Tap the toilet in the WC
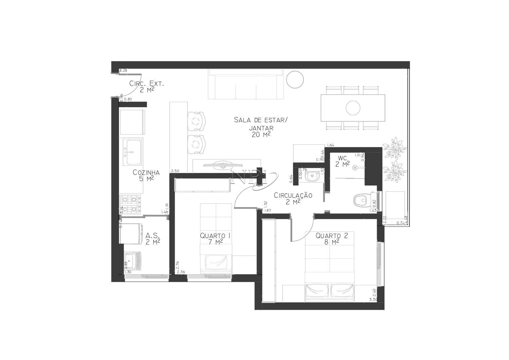(361, 200)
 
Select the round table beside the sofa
(295, 79)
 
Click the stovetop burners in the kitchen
(130, 204)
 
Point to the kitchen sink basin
(132, 152)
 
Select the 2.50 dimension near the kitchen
(175, 171)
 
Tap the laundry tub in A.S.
(133, 260)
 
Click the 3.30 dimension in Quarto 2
(373, 299)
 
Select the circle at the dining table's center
(353, 108)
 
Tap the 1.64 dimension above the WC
(331, 145)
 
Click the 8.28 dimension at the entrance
(123, 70)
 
